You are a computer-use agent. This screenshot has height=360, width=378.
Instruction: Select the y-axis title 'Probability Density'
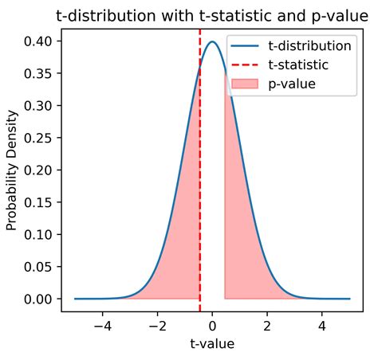pos(12,170)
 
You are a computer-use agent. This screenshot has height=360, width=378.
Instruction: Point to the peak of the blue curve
pos(212,42)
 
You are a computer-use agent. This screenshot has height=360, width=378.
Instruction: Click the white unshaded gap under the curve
pos(212,199)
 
